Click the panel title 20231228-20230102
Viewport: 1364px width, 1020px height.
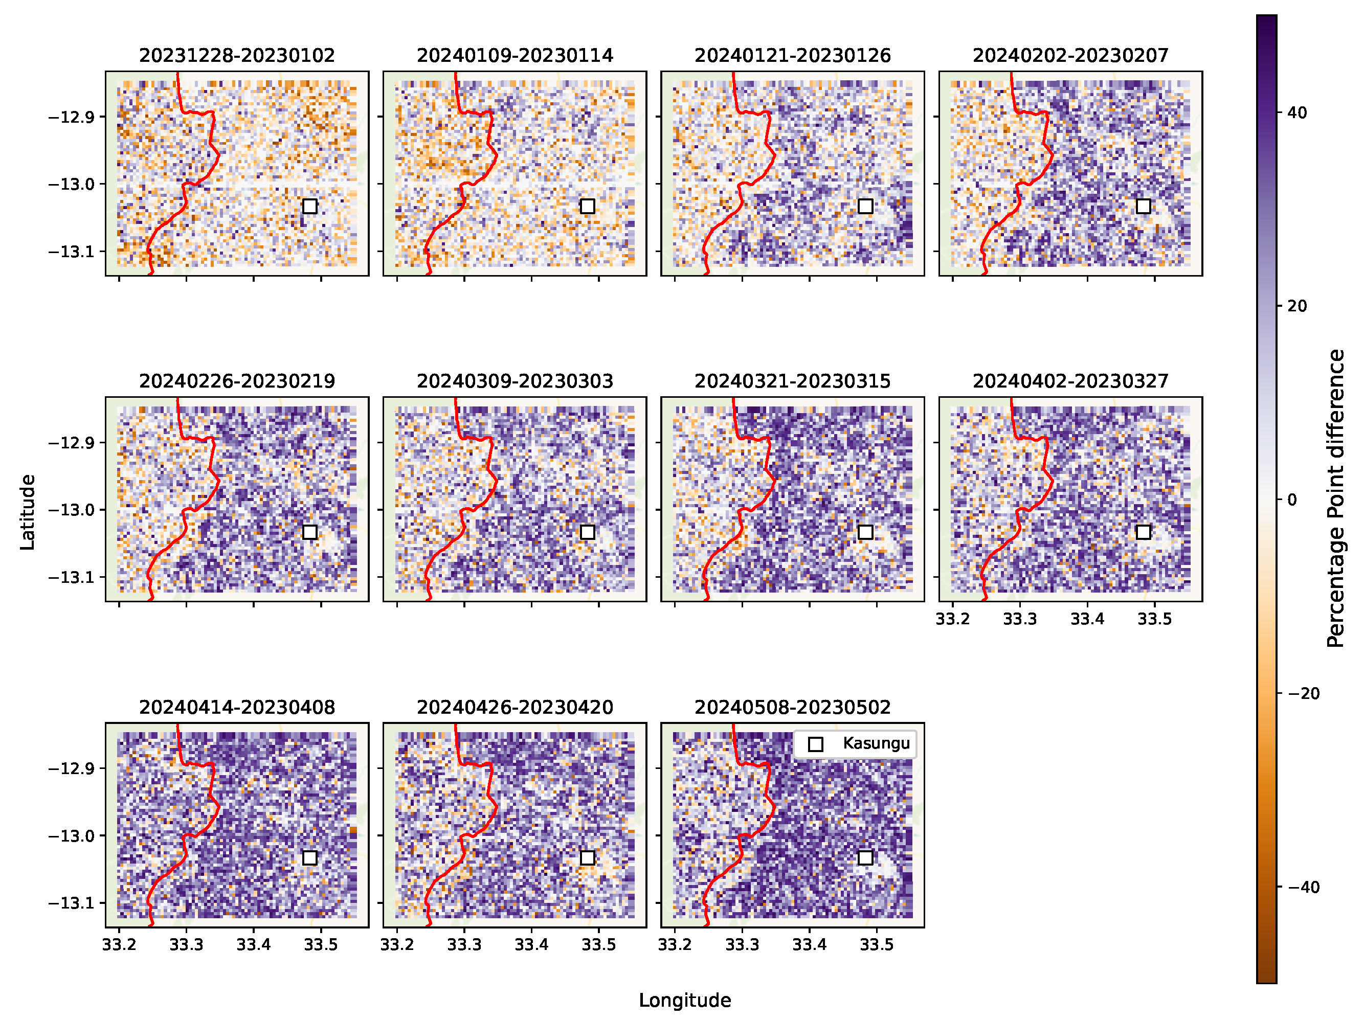(x=237, y=55)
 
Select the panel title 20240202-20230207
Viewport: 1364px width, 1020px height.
(x=1070, y=55)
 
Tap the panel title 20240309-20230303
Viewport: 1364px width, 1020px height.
(x=515, y=381)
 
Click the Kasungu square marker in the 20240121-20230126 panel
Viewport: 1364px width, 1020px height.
(x=865, y=206)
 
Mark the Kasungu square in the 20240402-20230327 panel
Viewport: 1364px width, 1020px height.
(x=1143, y=532)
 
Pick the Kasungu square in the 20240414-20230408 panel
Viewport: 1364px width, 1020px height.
(x=309, y=857)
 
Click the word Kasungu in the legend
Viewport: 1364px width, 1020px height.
(x=876, y=743)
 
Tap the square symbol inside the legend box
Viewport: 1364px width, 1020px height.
(x=816, y=744)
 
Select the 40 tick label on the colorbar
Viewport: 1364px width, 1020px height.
(x=1297, y=113)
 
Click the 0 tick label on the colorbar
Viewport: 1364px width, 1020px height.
(x=1292, y=500)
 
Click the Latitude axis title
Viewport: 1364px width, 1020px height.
(x=28, y=512)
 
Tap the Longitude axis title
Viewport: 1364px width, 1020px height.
(x=684, y=1000)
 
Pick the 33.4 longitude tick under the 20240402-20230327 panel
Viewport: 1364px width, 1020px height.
(x=1087, y=619)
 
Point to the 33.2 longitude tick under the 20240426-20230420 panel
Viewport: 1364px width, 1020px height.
(x=397, y=944)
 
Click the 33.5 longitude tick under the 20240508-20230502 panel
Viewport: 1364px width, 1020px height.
(x=876, y=944)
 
